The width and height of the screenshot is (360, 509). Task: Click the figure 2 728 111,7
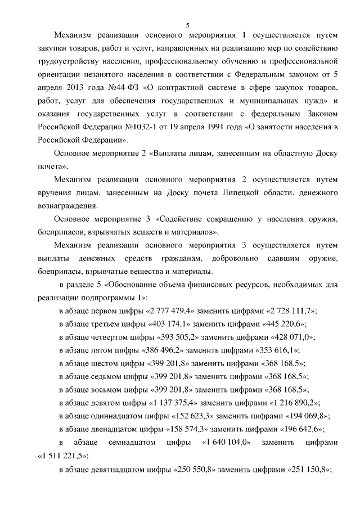[292, 310]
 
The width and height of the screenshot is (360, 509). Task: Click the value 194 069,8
[305, 416]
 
